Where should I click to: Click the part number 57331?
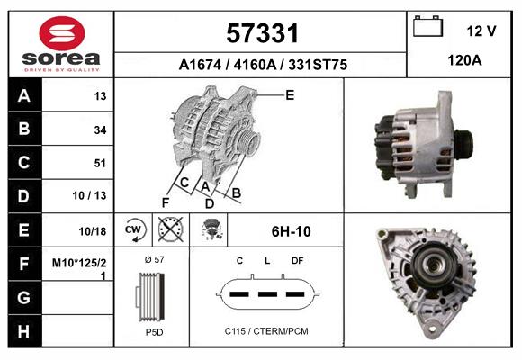(x=261, y=34)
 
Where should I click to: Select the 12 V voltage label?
(x=481, y=31)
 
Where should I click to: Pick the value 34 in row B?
(x=100, y=130)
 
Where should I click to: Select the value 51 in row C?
(x=100, y=163)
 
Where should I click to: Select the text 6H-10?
(x=291, y=231)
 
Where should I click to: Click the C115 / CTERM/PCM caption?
(x=266, y=331)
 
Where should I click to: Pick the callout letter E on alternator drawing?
(x=290, y=94)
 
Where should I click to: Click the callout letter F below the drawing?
(x=165, y=202)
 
